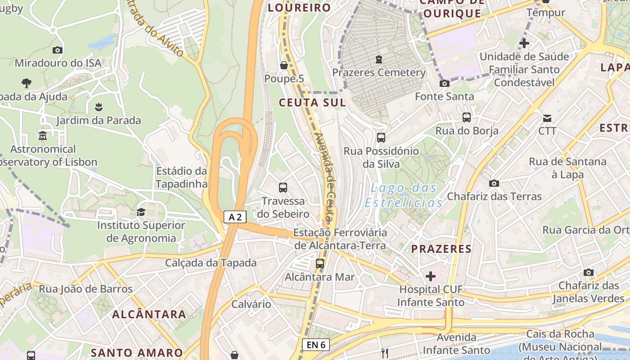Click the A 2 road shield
235,217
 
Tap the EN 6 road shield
315,345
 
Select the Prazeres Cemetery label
378,72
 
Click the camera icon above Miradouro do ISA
57,50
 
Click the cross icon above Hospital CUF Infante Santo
431,276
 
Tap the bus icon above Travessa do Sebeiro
283,188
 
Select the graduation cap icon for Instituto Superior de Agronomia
141,212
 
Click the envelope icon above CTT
547,118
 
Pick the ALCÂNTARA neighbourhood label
149,314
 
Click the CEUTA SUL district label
312,103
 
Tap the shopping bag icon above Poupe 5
284,65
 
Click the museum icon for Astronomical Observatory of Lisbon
43,135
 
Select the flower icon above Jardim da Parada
98,107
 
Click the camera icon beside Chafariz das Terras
494,183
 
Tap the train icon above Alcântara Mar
320,264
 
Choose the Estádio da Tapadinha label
181,177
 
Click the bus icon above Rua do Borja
467,117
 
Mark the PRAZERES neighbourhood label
441,249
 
